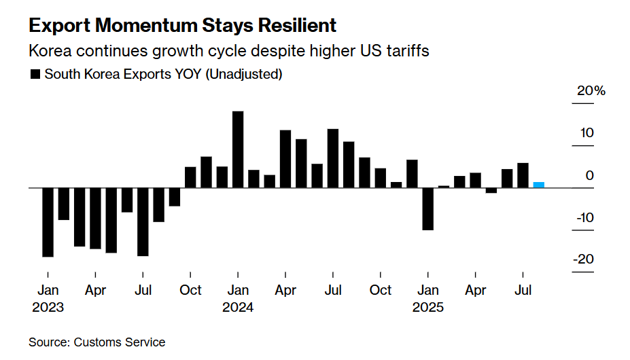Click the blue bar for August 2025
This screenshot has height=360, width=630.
(x=538, y=184)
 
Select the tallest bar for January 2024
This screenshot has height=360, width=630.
(x=238, y=149)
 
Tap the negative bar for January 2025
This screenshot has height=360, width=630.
(x=427, y=209)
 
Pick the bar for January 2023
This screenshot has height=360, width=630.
(x=48, y=222)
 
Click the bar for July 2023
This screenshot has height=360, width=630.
(x=143, y=221)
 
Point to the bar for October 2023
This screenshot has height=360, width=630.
(x=190, y=177)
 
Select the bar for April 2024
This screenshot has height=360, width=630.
(x=285, y=159)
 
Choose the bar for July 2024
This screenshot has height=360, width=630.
(x=333, y=158)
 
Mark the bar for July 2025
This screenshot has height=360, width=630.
(x=523, y=175)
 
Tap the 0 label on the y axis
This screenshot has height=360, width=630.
(x=589, y=175)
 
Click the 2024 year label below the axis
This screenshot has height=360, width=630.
(x=238, y=307)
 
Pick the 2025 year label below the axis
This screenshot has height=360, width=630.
(x=427, y=307)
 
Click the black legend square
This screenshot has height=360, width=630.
(x=35, y=75)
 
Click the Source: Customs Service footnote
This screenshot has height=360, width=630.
(x=97, y=342)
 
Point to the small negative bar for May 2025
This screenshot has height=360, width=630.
(x=491, y=190)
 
